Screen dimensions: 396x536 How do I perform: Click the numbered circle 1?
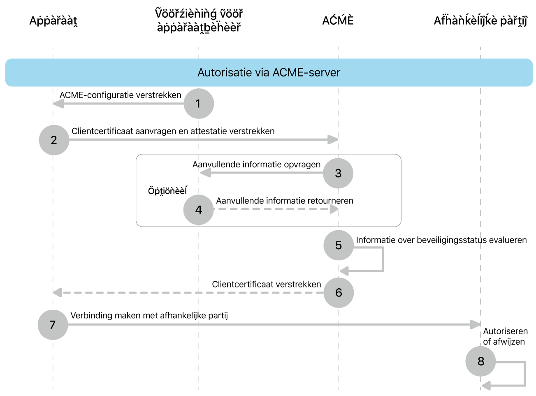point(199,104)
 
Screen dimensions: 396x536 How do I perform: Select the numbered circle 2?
point(54,140)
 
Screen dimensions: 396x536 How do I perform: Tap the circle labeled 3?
point(338,173)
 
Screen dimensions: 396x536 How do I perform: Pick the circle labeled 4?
point(199,210)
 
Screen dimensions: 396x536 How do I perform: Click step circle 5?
point(339,245)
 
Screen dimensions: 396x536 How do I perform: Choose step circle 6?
point(339,292)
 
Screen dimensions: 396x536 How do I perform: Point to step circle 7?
point(53,325)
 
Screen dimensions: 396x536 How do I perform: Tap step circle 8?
point(480,361)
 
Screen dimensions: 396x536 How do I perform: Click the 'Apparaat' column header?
point(53,21)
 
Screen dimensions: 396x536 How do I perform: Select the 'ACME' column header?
point(338,21)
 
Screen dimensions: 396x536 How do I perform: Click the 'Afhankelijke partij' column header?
point(480,21)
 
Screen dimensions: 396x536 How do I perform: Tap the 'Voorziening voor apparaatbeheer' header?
point(199,21)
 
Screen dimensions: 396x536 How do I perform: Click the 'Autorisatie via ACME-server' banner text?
point(269,72)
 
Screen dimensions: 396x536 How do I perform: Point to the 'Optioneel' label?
point(167,191)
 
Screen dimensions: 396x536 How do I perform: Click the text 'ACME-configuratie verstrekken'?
point(120,95)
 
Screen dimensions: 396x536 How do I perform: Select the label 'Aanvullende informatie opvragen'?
point(256,164)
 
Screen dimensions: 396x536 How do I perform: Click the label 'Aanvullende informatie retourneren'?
point(285,201)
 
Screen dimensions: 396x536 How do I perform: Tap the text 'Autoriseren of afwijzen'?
point(505,336)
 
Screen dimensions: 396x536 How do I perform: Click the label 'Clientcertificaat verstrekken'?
point(266,284)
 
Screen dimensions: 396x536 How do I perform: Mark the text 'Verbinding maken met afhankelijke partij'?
point(149,315)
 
